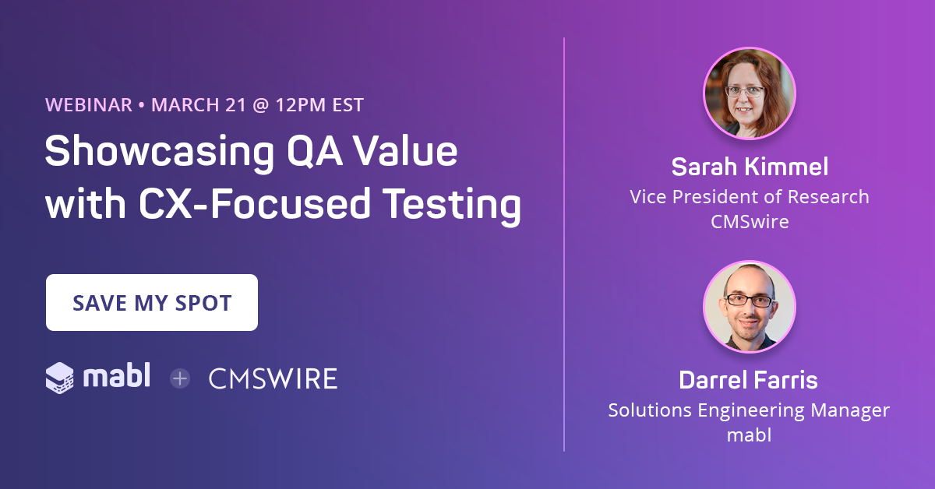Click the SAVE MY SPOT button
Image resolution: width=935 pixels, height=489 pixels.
click(152, 303)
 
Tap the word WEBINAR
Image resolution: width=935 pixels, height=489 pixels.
click(89, 105)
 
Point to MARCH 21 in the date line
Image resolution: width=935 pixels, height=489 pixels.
click(199, 105)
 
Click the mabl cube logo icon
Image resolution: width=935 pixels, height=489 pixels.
click(60, 378)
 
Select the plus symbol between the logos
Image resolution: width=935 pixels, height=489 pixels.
click(180, 379)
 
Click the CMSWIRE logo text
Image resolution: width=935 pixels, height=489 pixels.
click(273, 379)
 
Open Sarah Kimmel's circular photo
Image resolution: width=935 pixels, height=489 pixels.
click(749, 93)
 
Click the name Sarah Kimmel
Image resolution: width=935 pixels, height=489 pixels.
click(749, 167)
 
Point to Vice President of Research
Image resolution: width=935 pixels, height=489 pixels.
click(749, 196)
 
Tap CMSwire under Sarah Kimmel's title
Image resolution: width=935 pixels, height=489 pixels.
click(749, 221)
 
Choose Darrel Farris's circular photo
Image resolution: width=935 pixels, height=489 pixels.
click(749, 306)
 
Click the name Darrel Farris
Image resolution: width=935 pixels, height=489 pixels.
click(749, 380)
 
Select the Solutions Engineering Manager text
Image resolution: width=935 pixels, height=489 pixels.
click(749, 410)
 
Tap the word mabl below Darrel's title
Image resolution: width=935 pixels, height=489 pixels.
click(749, 434)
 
